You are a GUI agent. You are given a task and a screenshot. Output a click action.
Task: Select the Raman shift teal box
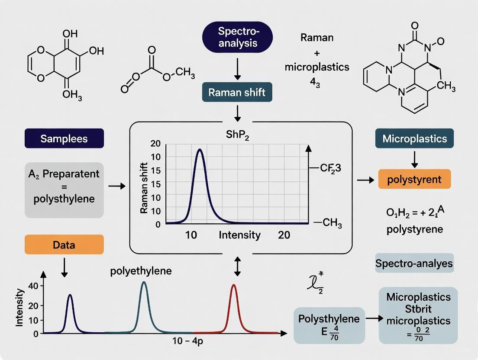click(237, 92)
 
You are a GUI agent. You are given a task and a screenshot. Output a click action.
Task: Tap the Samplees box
click(64, 138)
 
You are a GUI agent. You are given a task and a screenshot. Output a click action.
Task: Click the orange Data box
click(64, 244)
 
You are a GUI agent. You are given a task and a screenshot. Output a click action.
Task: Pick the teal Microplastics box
click(414, 138)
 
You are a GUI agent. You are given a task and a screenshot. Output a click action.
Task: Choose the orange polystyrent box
click(414, 179)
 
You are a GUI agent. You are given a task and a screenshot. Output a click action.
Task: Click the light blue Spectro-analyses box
click(414, 263)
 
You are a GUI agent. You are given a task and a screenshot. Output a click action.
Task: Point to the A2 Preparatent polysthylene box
click(64, 190)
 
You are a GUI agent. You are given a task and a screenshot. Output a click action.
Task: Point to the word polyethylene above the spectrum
click(141, 271)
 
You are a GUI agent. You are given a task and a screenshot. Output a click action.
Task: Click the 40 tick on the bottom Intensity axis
click(33, 286)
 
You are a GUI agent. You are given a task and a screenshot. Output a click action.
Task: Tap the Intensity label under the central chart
click(239, 235)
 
